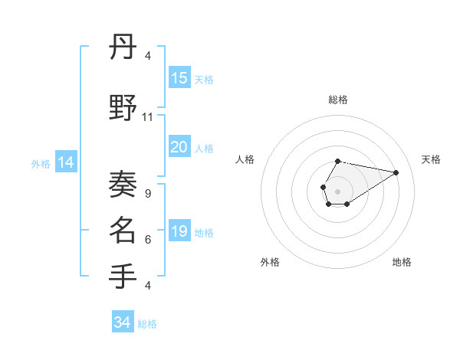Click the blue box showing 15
(179, 77)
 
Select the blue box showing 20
(179, 147)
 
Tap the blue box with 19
(179, 231)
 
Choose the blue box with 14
(66, 162)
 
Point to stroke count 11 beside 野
(148, 117)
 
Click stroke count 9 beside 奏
(148, 194)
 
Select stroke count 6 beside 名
(148, 240)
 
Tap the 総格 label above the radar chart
(338, 100)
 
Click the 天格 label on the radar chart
(432, 159)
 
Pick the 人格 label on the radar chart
(245, 159)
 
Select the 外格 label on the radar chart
(270, 262)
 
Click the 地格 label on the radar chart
(402, 262)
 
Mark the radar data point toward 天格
(396, 172)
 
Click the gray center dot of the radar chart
(337, 191)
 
